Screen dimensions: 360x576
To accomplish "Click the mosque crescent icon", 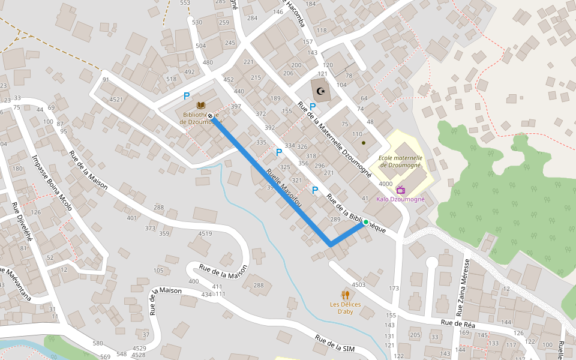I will coord(320,91).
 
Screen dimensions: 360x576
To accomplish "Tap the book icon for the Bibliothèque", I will coord(200,106).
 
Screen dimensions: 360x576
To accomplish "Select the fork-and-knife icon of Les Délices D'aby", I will coord(345,295).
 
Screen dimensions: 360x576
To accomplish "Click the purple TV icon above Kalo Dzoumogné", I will coord(400,190).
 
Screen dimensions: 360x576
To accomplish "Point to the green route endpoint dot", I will coord(365,223).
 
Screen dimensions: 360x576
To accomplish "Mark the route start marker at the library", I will coord(211,118).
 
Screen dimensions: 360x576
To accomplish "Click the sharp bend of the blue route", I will coord(330,245).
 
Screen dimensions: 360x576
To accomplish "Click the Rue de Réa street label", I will coord(458,323).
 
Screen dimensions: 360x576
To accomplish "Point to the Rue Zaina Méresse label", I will coord(463,287).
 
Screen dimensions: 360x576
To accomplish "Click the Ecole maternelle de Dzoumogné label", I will coord(400,161).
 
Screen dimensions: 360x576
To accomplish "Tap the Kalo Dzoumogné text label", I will coord(400,199).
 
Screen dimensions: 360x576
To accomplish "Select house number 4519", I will coord(205,233).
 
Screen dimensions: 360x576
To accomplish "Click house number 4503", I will coord(358,284).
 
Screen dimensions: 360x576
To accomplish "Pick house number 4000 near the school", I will coord(385,184).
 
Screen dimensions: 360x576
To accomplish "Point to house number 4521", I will coord(116,100).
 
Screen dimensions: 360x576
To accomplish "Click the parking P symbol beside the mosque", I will coord(312,106).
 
